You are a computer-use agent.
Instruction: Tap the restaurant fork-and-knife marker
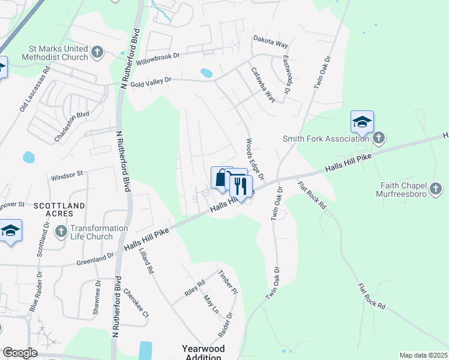[241, 186]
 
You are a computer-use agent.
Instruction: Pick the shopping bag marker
[221, 178]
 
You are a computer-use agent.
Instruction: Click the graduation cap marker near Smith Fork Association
[362, 122]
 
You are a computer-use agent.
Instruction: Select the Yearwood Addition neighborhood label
[203, 352]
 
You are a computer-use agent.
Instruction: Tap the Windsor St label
[67, 176]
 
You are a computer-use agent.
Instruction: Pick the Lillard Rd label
[148, 262]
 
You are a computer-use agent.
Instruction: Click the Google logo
[20, 353]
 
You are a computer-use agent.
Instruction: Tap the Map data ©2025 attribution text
[423, 355]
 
